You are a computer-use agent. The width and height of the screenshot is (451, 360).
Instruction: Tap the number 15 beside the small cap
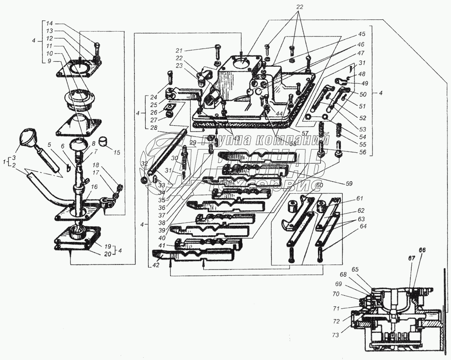click(x=117, y=152)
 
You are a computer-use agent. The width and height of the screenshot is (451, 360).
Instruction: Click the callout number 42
click(x=155, y=266)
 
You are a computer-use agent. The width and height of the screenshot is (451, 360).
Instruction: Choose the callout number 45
click(x=362, y=34)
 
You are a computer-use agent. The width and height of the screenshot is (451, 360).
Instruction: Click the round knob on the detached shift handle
click(x=28, y=137)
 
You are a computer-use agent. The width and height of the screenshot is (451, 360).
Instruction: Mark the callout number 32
click(x=144, y=163)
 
